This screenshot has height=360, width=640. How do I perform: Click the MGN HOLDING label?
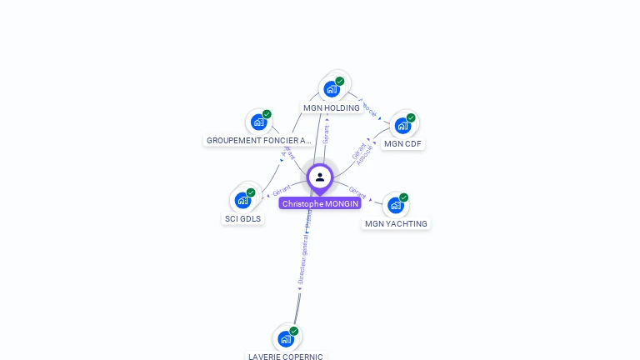[332, 107]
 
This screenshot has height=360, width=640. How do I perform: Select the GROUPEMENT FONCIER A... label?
[258, 140]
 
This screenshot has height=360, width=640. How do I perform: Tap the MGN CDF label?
[403, 143]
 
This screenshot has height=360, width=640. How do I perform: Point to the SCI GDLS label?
[242, 218]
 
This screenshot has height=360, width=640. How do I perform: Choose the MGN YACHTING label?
[396, 223]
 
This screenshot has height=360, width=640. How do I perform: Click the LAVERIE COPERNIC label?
[286, 356]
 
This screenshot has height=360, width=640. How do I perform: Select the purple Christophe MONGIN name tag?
[320, 203]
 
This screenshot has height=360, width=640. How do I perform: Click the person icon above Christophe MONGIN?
[320, 177]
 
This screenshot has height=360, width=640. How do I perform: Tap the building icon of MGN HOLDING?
[332, 89]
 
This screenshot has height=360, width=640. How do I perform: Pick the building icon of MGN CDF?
[402, 126]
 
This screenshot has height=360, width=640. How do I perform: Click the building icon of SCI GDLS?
[242, 200]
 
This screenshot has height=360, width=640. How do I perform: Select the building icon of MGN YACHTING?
[395, 205]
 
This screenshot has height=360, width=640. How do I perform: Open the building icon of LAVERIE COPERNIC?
[286, 338]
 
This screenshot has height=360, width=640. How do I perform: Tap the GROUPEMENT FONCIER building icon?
[258, 122]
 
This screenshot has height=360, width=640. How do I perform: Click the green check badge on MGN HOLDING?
[340, 81]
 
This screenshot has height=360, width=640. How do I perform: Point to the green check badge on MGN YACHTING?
[403, 197]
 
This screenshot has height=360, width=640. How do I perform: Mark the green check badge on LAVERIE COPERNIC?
[294, 331]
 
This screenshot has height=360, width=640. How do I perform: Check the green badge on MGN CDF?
[411, 117]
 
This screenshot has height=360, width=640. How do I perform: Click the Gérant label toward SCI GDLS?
[281, 191]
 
